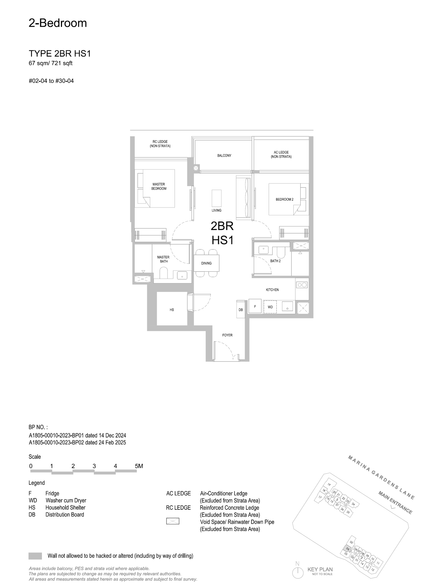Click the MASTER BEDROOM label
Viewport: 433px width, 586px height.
[159, 186]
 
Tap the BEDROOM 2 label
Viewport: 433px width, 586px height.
[284, 199]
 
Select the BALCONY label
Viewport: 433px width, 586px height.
[224, 156]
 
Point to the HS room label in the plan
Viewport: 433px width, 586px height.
[172, 310]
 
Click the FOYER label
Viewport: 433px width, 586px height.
[227, 335]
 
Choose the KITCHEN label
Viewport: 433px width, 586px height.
[272, 290]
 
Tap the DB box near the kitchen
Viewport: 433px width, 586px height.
[241, 310]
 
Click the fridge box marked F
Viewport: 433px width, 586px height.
[255, 306]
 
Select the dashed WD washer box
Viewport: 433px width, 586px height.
[270, 307]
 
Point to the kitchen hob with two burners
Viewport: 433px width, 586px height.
[302, 285]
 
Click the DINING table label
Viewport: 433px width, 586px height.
[206, 263]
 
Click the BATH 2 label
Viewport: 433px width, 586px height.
[275, 261]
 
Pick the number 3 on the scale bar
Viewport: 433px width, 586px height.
[94, 466]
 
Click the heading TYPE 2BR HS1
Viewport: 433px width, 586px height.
[60, 54]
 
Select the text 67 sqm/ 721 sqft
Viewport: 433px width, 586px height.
[51, 63]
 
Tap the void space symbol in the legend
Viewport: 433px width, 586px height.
[173, 521]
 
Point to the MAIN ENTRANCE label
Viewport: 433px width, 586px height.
[395, 502]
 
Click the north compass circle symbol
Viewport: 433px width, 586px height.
[297, 572]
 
